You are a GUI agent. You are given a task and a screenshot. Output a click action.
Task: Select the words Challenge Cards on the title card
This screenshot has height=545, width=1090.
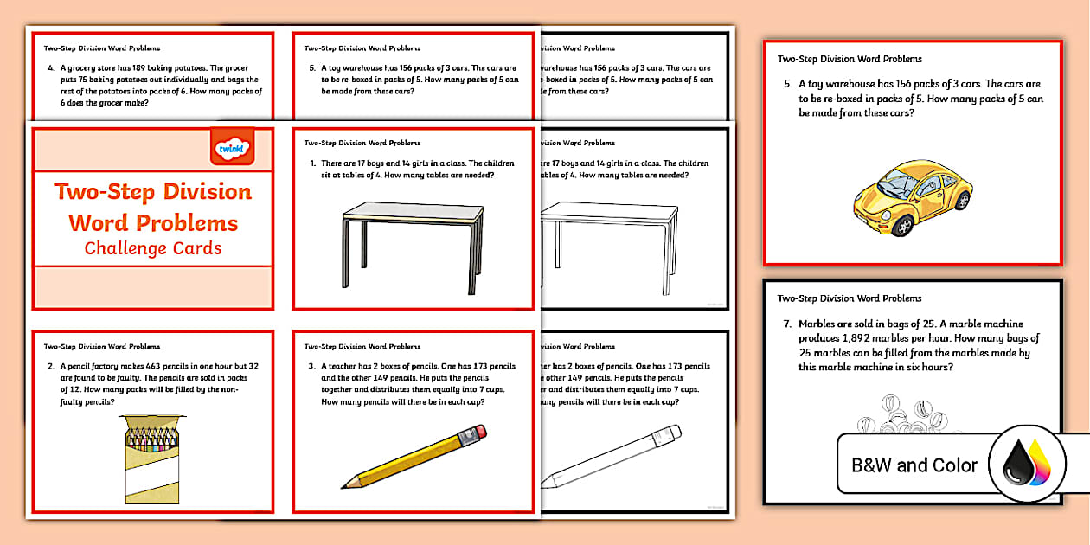coord(153,248)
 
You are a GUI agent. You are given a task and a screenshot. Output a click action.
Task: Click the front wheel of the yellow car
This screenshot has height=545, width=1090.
coord(903,226)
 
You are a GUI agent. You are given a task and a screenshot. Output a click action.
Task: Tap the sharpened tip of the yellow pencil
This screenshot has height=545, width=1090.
coord(345,484)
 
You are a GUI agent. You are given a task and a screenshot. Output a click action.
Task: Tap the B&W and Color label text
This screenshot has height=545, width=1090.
coord(914,465)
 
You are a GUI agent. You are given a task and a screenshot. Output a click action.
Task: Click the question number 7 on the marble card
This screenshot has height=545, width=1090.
coord(787,325)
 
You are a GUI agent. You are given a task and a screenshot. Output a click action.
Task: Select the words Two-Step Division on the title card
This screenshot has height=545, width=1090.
coord(153,192)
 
